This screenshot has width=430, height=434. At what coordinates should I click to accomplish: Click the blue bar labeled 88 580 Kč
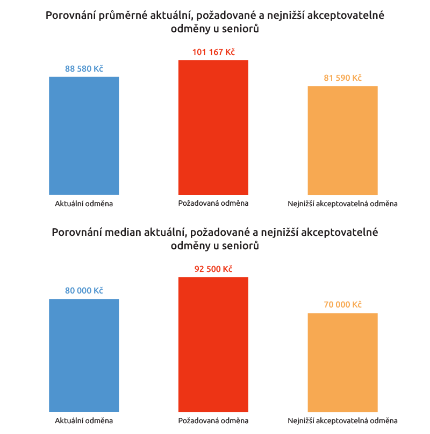click(84, 136)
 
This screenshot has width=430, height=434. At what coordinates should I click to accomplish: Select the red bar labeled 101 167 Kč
click(213, 127)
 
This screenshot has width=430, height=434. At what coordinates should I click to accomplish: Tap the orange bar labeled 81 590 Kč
click(342, 141)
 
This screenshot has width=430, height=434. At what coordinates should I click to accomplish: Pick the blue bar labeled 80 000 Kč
click(84, 355)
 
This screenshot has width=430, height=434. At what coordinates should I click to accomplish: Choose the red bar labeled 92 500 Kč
click(213, 345)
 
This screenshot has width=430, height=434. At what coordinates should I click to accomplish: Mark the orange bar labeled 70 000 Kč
click(342, 362)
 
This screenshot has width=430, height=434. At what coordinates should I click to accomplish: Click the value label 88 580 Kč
click(84, 69)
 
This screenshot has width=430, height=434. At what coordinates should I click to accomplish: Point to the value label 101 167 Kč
click(213, 52)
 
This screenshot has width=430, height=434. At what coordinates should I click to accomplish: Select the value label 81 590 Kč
click(342, 78)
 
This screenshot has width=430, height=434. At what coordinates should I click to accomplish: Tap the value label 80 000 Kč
click(84, 291)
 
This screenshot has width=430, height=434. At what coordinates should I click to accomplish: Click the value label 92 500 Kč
click(213, 269)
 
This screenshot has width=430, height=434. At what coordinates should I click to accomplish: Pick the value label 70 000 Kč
click(342, 305)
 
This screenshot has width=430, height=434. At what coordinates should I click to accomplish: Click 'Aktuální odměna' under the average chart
click(84, 204)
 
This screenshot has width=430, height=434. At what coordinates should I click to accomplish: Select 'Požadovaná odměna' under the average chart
click(213, 203)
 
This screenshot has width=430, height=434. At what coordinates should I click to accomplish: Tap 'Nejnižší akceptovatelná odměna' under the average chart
click(342, 204)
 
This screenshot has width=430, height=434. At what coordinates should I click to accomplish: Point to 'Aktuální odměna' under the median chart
click(84, 421)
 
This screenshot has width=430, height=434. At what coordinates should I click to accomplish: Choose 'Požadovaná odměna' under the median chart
click(213, 421)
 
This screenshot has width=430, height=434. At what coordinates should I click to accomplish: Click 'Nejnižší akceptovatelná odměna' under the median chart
click(342, 421)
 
